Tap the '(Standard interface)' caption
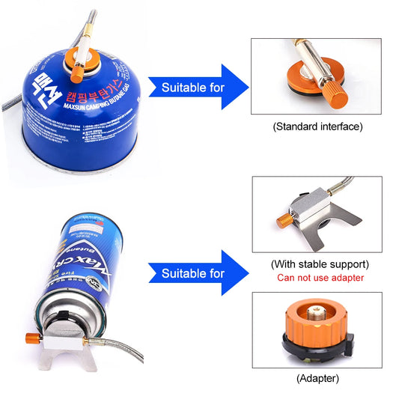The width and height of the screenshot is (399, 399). [317, 127]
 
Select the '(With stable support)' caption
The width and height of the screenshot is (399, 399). [320, 264]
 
